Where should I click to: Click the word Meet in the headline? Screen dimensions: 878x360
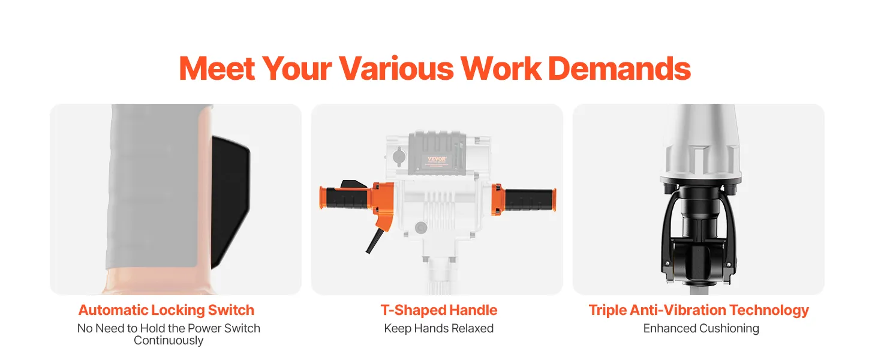click(x=217, y=68)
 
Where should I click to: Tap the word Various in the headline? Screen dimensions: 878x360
click(x=396, y=68)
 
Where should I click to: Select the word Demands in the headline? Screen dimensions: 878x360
click(x=620, y=68)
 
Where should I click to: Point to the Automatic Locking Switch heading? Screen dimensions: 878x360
click(x=166, y=310)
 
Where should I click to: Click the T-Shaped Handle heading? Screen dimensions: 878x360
click(x=438, y=310)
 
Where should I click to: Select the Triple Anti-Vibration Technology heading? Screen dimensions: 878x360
click(x=699, y=310)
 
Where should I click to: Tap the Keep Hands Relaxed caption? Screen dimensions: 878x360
click(x=438, y=328)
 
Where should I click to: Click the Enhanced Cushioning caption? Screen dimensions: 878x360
click(x=701, y=328)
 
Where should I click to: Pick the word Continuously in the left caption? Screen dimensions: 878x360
click(x=169, y=340)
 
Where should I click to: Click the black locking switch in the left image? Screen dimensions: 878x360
click(x=230, y=202)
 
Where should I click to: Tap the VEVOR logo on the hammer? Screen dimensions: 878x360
click(x=437, y=159)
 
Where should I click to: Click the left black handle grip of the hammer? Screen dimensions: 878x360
click(x=347, y=199)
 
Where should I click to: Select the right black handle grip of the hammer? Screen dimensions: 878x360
click(x=529, y=199)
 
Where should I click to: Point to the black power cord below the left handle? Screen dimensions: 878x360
click(x=373, y=241)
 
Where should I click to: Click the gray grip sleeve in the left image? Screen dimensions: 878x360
click(x=155, y=186)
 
